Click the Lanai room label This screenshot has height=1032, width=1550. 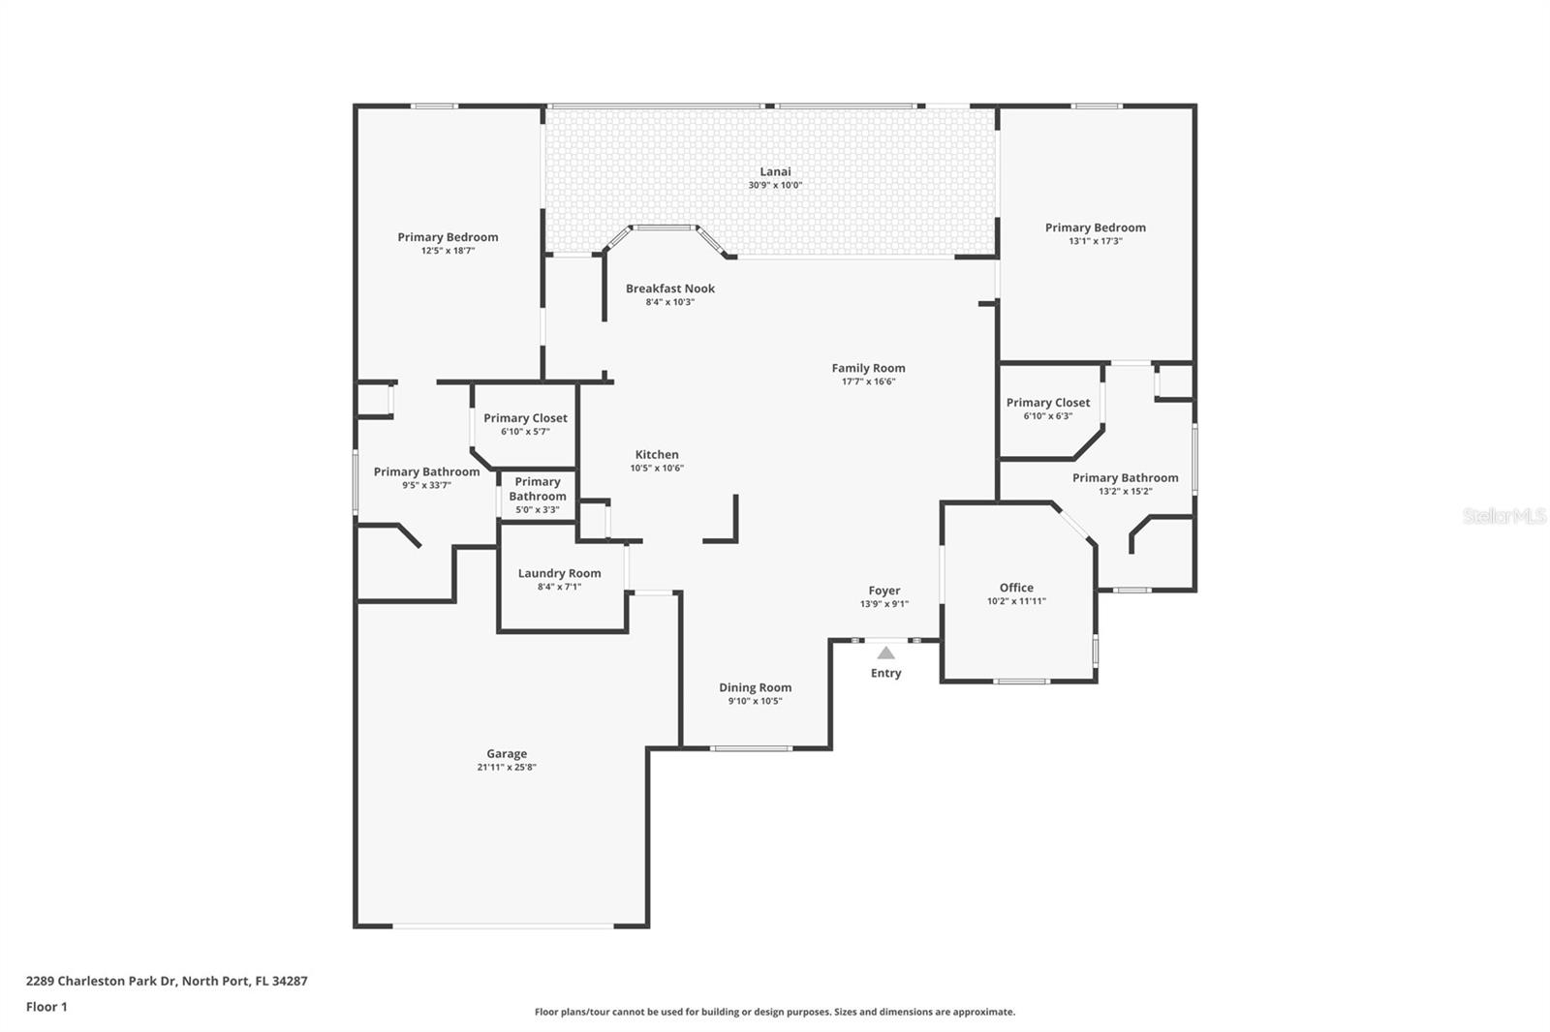[775, 171]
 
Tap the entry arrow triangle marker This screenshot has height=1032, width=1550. [885, 653]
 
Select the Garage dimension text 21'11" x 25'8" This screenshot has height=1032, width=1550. [507, 767]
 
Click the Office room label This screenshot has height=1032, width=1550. [1016, 588]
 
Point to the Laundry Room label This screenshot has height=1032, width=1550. [559, 573]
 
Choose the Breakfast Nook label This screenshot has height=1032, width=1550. [669, 288]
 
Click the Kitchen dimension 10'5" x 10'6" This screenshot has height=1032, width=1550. [657, 468]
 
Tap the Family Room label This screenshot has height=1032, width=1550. [868, 368]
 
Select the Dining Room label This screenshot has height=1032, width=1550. [755, 687]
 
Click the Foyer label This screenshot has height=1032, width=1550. [883, 591]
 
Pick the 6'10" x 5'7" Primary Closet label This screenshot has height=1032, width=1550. [525, 418]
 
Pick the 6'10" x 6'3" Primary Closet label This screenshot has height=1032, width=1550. [1047, 403]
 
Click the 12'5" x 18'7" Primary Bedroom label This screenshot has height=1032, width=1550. [448, 237]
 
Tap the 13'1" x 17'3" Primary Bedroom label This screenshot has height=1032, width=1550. [1095, 228]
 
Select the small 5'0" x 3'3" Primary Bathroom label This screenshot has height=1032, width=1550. [538, 489]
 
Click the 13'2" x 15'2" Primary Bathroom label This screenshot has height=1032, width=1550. [1125, 477]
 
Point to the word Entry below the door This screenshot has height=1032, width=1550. [885, 673]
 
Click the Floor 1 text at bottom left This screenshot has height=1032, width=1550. [46, 1007]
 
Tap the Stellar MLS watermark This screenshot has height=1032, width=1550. [1503, 516]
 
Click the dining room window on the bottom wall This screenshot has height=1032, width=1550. [751, 747]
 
